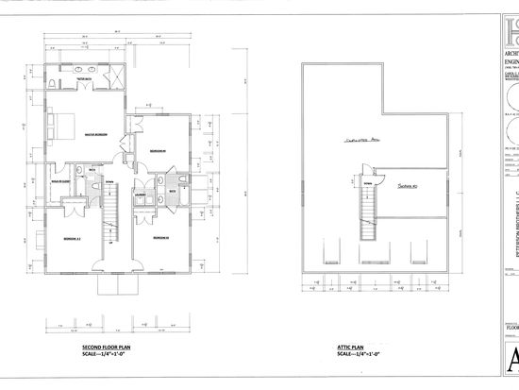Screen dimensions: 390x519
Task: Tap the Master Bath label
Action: point(97,78)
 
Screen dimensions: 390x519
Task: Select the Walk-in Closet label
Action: point(63,176)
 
